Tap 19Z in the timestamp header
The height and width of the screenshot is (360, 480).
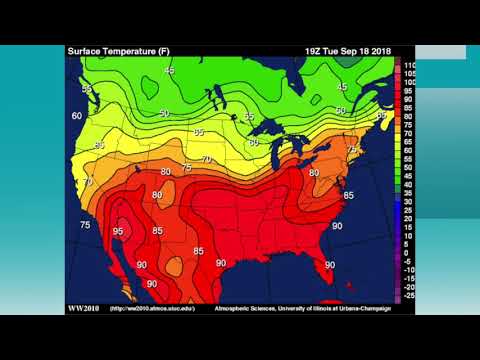tap(316, 51)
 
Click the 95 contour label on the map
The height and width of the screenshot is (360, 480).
tap(118, 231)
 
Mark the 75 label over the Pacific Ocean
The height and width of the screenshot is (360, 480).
tap(85, 225)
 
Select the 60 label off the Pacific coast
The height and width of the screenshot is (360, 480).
tap(77, 116)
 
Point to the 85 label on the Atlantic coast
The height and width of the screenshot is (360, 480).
tap(349, 195)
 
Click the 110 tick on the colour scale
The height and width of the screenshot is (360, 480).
tap(409, 65)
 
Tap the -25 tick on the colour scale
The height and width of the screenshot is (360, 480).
tap(409, 296)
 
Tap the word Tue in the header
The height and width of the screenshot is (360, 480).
tap(336, 51)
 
